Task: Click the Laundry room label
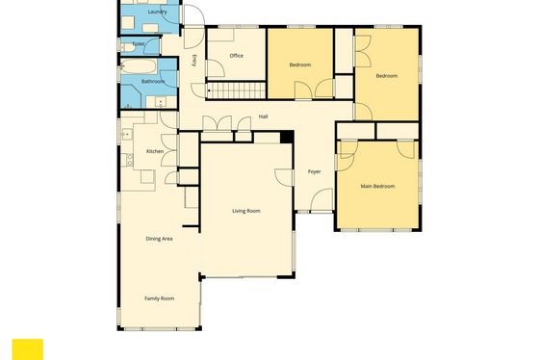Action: [x=157, y=13]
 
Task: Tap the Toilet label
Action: [x=139, y=44]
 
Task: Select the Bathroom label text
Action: [x=153, y=82]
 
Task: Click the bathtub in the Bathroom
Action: [x=139, y=66]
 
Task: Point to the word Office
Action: [x=236, y=56]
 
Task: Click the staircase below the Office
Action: [x=237, y=90]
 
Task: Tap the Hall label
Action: [x=263, y=116]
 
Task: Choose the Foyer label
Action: [x=314, y=171]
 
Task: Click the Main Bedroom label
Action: [x=377, y=186]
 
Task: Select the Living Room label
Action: [x=246, y=211]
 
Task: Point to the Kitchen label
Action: [x=155, y=151]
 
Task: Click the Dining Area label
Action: [x=159, y=239]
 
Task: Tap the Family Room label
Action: [x=159, y=298]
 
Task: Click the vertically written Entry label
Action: [x=193, y=61]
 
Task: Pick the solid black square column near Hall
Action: [x=287, y=137]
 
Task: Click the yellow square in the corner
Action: [x=28, y=349]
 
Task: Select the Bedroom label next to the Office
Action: [x=300, y=64]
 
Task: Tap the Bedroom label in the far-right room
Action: [x=387, y=76]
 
